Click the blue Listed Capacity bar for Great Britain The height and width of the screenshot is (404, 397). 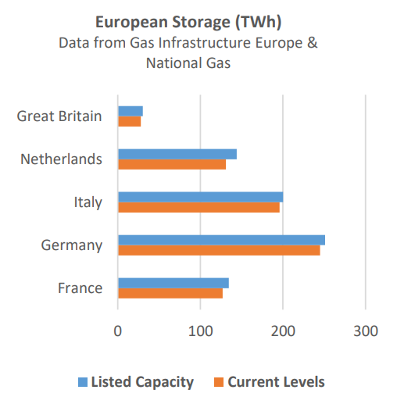(131, 111)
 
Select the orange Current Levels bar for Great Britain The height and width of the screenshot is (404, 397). (130, 121)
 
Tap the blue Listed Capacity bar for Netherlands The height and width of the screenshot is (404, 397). (177, 154)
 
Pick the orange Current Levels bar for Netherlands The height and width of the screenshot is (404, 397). (172, 164)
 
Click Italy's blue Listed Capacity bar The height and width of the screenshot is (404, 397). (200, 197)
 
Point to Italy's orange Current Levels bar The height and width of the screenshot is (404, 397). (198, 207)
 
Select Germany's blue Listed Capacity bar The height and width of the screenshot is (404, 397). (221, 240)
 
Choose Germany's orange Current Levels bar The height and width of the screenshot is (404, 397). (219, 250)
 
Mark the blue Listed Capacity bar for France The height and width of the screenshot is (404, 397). (173, 283)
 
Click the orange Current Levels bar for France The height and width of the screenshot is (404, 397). (170, 293)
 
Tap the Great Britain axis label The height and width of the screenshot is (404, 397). (59, 116)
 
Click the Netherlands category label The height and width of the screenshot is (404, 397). (61, 159)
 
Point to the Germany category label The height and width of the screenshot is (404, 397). (72, 245)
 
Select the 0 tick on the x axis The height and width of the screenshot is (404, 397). (118, 331)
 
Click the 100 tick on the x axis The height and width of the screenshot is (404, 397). (201, 331)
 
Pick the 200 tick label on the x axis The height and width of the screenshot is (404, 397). (283, 331)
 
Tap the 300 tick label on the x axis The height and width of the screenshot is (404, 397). (366, 331)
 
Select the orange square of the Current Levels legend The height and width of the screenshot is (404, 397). (220, 382)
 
